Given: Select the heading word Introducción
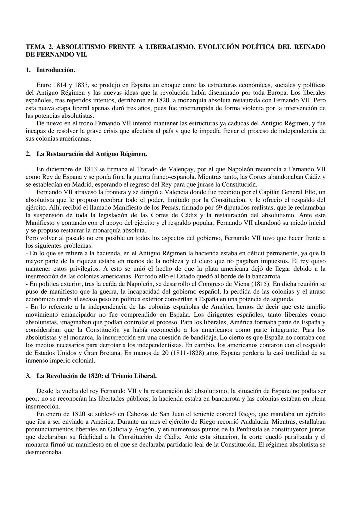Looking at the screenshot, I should pyautogui.click(x=56, y=70).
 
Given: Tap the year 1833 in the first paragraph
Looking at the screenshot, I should pyautogui.click(x=81, y=85).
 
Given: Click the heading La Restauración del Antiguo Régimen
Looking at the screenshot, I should pyautogui.click(x=91, y=154).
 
